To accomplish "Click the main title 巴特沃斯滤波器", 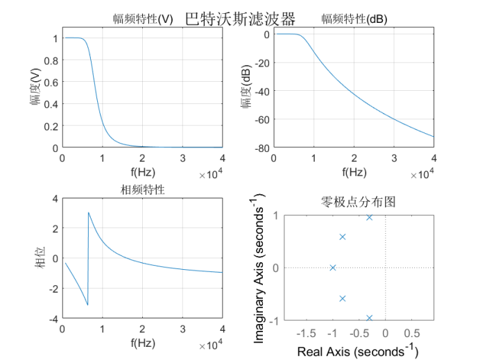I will point(240,19).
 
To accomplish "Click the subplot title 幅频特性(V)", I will point(143,19).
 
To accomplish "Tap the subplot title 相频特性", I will point(143,189).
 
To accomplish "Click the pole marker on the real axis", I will point(333,268).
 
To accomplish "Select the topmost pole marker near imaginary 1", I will point(369,218).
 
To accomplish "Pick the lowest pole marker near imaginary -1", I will point(369,318).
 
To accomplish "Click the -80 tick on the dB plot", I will point(261,148).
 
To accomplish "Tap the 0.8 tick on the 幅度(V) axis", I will point(50,60).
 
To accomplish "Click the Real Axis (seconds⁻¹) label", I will point(358,351).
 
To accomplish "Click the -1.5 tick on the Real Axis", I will point(307,333).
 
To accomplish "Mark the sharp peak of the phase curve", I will point(88,213).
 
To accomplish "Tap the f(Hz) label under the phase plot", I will point(143,343).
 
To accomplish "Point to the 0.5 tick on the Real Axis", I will point(411,333).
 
